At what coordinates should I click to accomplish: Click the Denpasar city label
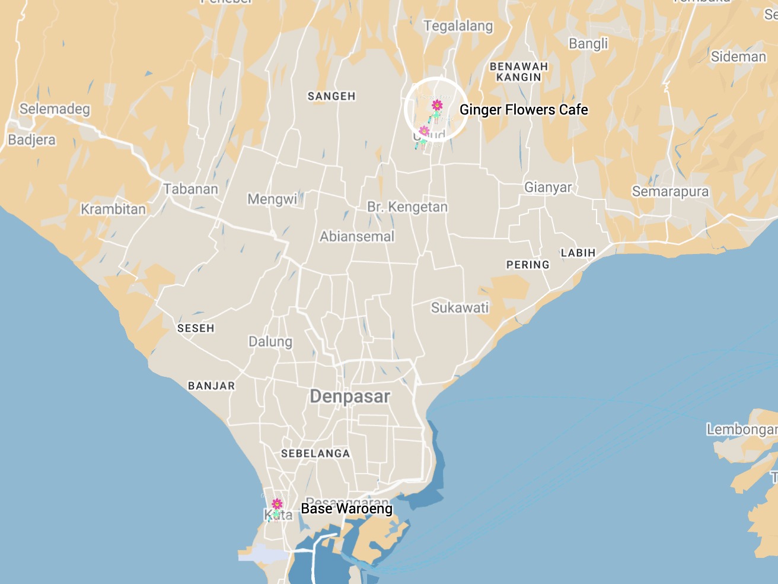(x=350, y=396)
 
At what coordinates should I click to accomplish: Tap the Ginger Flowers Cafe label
(x=524, y=110)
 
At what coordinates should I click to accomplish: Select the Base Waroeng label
(x=346, y=509)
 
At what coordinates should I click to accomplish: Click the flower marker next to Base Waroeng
(x=277, y=506)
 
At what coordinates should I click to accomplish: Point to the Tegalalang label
(x=458, y=26)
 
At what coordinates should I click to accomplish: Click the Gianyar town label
(x=548, y=188)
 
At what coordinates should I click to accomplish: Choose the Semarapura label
(x=670, y=192)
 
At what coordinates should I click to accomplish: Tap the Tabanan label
(x=190, y=189)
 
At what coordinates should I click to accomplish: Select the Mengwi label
(x=272, y=199)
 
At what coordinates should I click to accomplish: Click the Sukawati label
(x=460, y=308)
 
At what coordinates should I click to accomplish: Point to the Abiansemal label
(x=357, y=237)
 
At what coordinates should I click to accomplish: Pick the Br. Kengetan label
(x=407, y=207)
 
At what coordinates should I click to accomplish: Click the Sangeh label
(x=331, y=96)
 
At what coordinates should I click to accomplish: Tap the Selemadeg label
(x=55, y=109)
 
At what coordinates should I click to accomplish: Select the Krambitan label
(x=113, y=210)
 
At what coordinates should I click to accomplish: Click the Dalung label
(x=270, y=342)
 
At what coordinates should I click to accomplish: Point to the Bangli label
(x=588, y=44)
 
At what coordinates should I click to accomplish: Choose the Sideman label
(x=738, y=57)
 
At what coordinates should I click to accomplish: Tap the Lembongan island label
(x=741, y=429)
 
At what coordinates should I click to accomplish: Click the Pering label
(x=528, y=265)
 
